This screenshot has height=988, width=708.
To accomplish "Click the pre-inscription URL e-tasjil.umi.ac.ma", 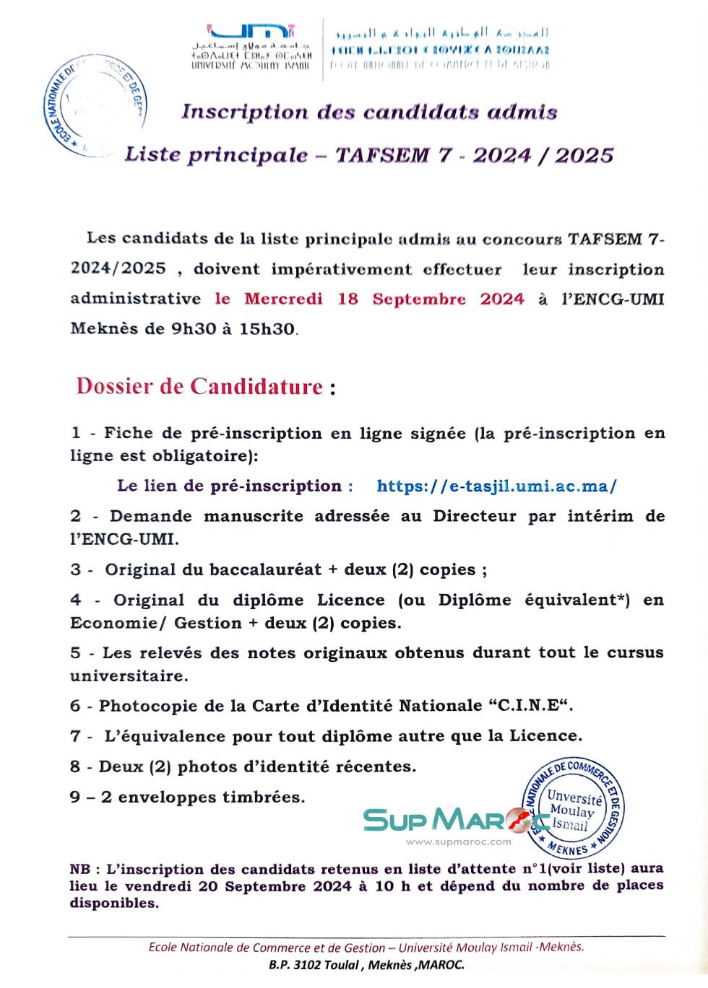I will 496,486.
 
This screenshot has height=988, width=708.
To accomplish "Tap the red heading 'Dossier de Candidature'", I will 199,386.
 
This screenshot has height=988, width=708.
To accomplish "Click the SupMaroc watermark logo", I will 455,819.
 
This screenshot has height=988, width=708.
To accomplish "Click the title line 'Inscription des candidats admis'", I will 369,112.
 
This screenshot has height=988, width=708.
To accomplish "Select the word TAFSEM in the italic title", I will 382,155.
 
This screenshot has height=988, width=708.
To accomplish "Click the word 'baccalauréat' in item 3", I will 265,569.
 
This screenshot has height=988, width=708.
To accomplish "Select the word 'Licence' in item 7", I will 545,736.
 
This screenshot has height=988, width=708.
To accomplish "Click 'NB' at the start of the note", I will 80,869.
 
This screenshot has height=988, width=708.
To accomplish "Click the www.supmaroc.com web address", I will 458,841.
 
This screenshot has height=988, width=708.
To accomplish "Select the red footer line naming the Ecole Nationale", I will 366,947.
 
